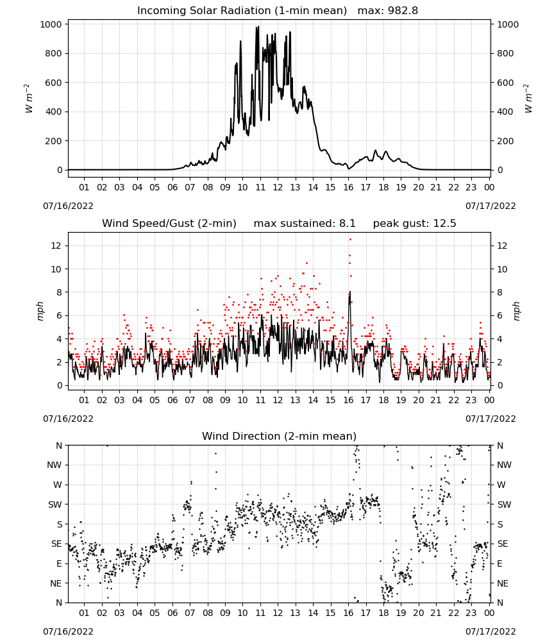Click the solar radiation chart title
coord(242,11)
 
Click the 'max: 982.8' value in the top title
coord(388,11)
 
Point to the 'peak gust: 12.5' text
coord(414,224)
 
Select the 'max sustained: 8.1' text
coord(305,224)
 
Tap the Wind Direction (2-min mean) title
coord(280,436)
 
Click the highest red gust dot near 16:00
coord(350,240)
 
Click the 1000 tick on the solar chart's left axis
coord(51,24)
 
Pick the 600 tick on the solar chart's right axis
coord(505,83)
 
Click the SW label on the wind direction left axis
coord(55,504)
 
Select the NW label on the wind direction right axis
coord(504,465)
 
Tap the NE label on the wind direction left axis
coord(56,583)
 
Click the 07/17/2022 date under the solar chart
coord(491,206)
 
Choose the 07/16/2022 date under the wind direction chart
coord(68,631)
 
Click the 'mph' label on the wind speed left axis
coord(40,311)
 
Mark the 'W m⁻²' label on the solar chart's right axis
coord(528,98)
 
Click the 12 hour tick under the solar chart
coord(278,187)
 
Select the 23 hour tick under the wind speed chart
coord(471,400)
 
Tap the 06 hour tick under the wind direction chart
coord(172,613)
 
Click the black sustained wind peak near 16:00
coord(350,292)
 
